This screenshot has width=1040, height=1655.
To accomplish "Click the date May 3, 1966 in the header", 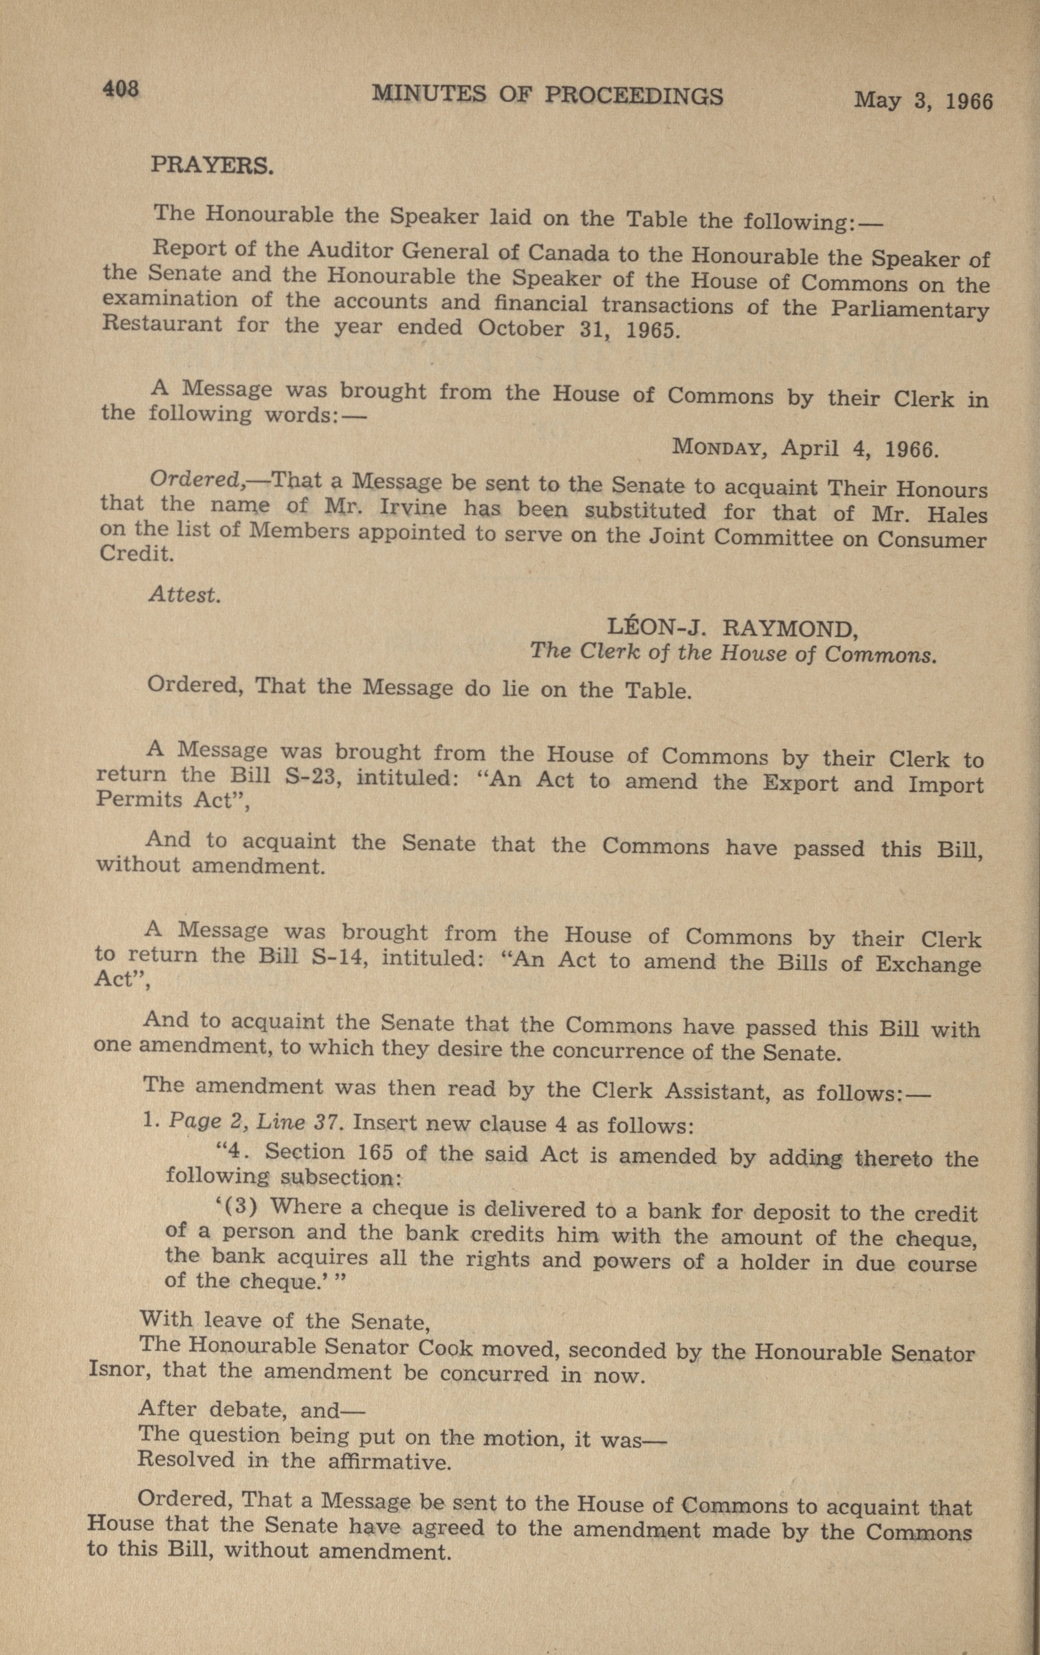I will pyautogui.click(x=923, y=101).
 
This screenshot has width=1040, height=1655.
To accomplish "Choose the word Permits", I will pyautogui.click(x=131, y=800).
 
